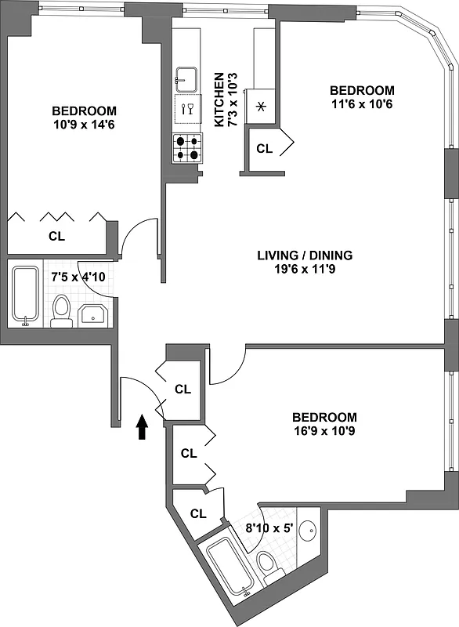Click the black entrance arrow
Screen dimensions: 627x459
[x=142, y=427]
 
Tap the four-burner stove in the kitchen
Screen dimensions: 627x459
[x=188, y=148]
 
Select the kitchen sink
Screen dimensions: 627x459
[x=186, y=78]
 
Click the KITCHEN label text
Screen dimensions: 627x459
[x=219, y=100]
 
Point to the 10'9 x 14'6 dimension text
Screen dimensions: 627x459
[x=84, y=124]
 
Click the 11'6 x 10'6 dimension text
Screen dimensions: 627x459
[x=361, y=103]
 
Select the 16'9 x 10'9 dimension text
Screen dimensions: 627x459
[x=324, y=430]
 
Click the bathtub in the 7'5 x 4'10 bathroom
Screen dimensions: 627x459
[x=26, y=296]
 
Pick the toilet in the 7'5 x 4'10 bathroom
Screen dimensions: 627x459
[x=60, y=310]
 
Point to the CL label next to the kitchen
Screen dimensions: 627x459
[x=265, y=149]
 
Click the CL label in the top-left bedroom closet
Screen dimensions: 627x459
[x=56, y=236]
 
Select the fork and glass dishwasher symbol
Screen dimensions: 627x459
[x=187, y=109]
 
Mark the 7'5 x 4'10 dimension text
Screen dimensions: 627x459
[x=77, y=277]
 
